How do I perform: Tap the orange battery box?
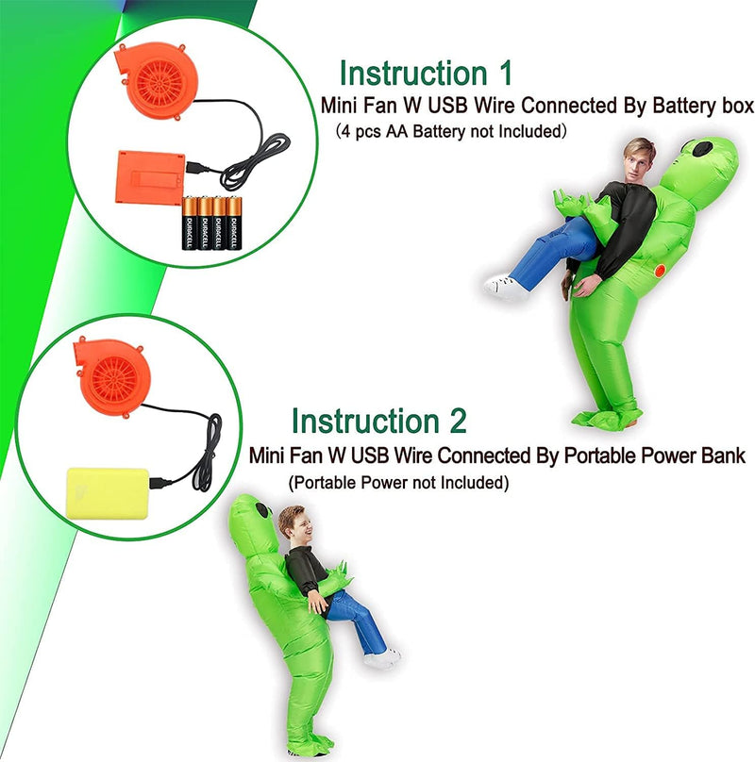150,177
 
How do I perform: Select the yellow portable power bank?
108,493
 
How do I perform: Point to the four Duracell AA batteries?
211,223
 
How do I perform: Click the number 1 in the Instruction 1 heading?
505,74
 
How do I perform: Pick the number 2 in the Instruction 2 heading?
458,421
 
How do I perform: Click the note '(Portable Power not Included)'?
398,483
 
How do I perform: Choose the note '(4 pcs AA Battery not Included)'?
451,131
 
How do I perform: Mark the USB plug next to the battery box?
197,167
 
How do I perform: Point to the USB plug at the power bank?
160,483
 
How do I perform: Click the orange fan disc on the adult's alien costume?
660,271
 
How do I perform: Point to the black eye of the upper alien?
702,148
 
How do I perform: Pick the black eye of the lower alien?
262,510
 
